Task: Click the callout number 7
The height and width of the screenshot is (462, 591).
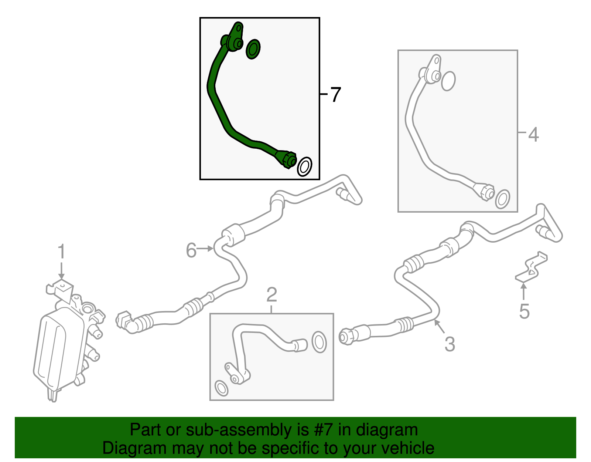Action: click(x=336, y=94)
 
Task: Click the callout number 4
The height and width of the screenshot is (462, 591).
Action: click(x=533, y=135)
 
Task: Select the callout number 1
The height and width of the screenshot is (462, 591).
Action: click(x=61, y=251)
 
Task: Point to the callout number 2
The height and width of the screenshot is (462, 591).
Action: click(x=272, y=294)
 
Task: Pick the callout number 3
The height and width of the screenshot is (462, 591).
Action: click(x=450, y=344)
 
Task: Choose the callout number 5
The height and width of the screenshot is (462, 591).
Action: click(x=525, y=311)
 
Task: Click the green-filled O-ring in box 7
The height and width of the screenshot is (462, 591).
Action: click(x=253, y=49)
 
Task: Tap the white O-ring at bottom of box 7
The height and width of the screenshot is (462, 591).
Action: click(x=304, y=166)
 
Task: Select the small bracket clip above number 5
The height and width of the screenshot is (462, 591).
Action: click(x=531, y=267)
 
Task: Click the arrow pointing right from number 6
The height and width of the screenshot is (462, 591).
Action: click(x=205, y=249)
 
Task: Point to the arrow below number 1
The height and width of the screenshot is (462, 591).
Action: click(x=61, y=270)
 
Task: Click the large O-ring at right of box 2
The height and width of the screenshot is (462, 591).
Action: click(x=319, y=342)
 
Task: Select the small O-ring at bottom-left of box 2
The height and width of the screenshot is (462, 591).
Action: click(x=221, y=388)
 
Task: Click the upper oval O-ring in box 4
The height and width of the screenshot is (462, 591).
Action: click(x=448, y=81)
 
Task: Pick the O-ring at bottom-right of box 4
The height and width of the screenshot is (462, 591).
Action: click(x=502, y=199)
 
